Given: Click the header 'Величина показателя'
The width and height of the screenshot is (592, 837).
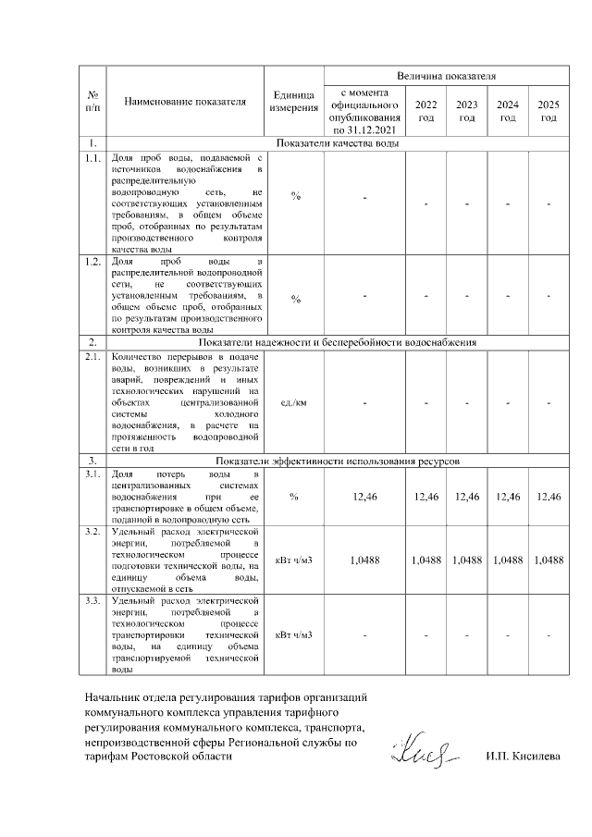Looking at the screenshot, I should [x=447, y=75].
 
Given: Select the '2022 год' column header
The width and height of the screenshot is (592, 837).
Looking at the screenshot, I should [x=425, y=111].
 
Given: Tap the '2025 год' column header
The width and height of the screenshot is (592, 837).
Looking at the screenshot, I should [x=549, y=111].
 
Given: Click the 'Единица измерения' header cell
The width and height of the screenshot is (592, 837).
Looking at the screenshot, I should [x=293, y=102].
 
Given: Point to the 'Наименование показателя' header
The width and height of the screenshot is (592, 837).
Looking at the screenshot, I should [x=185, y=102].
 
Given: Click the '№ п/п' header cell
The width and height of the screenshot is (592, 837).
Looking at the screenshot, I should [x=92, y=102].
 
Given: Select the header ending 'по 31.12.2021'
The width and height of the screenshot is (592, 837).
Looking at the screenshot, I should [x=364, y=111].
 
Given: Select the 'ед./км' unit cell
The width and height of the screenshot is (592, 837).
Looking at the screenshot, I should [x=293, y=402].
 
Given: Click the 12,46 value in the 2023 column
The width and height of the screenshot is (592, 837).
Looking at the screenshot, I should [x=467, y=498].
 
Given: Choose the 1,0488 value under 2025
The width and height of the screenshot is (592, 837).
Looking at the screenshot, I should [x=549, y=560].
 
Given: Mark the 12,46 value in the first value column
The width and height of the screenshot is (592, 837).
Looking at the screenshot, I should [x=364, y=498].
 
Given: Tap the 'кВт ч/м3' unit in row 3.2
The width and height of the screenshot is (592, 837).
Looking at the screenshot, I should [x=293, y=560].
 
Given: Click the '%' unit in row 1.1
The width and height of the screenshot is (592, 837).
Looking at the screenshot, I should [x=293, y=196].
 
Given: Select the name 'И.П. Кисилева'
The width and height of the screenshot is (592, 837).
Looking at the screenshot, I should [x=523, y=757].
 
